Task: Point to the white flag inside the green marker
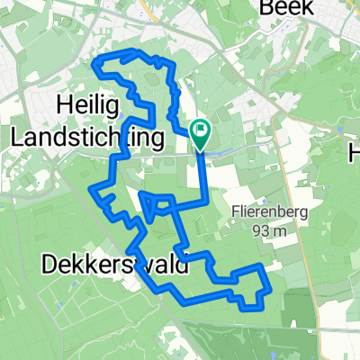pos(201,131)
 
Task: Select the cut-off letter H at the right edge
pos(355,155)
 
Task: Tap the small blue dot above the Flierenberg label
pos(261,199)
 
